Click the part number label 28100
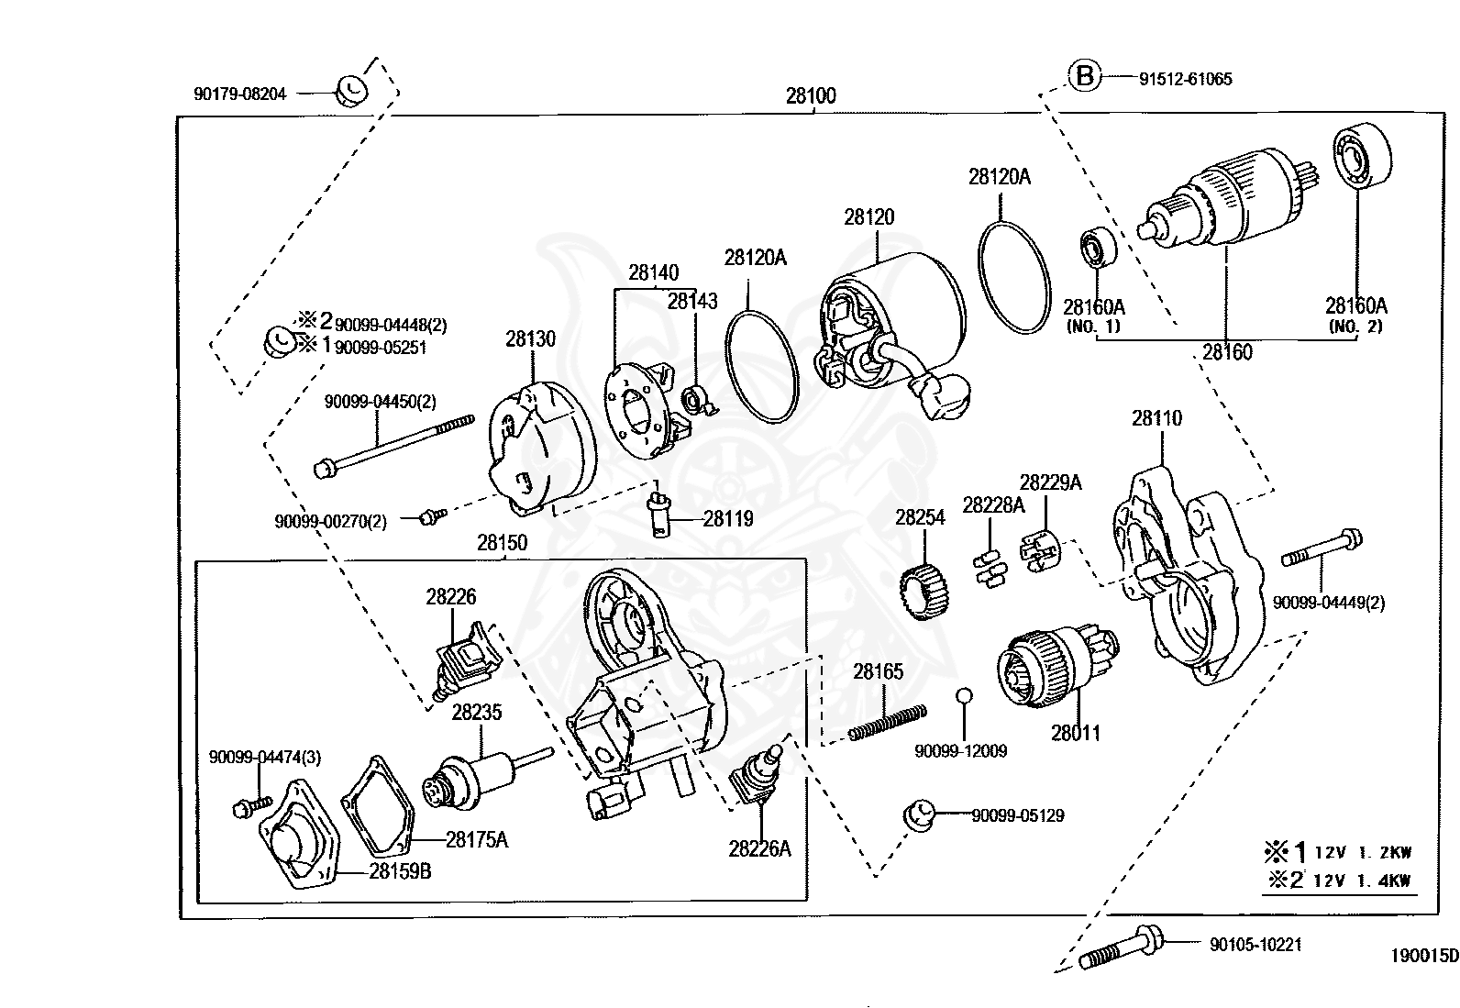pos(811,95)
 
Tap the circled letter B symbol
pos(1084,76)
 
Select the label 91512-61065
pos(1185,79)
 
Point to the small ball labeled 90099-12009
pos(962,697)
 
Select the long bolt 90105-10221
pos(1121,948)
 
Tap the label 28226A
pos(759,848)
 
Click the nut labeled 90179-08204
pos(349,89)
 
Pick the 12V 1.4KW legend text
pos(1362,881)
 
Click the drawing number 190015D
pos(1423,956)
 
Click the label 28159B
pos(400,870)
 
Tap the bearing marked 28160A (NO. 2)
pos(1361,161)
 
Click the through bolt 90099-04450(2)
pos(394,445)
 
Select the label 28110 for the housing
pos(1156,418)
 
